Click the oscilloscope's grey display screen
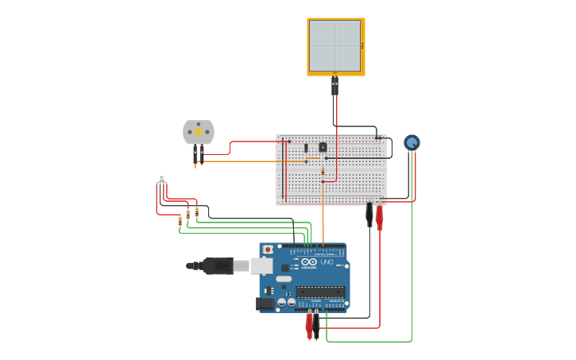click(x=334, y=46)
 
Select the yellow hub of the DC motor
click(x=198, y=132)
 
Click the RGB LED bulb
click(x=161, y=178)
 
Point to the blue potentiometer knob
click(x=412, y=143)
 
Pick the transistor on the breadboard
click(x=323, y=147)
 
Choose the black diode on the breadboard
click(x=306, y=148)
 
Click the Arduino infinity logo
click(x=309, y=262)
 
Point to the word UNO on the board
click(x=327, y=262)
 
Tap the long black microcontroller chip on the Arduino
click(x=320, y=292)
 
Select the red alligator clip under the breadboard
click(x=380, y=215)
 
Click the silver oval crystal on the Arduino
click(x=284, y=279)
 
